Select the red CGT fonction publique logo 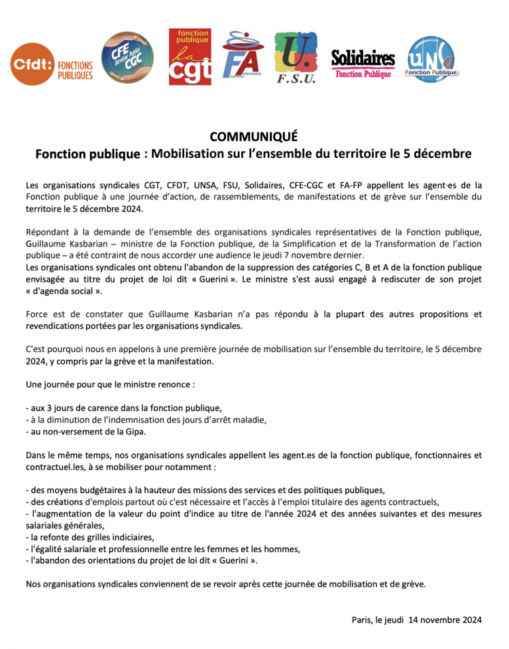coord(190,57)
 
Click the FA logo coord(243,58)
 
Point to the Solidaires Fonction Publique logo coord(363,64)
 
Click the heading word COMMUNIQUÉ coord(254,137)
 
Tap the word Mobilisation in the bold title coord(191,154)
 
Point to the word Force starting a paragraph coord(38,314)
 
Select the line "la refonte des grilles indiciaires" coord(92,537)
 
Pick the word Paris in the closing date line coord(363,620)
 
